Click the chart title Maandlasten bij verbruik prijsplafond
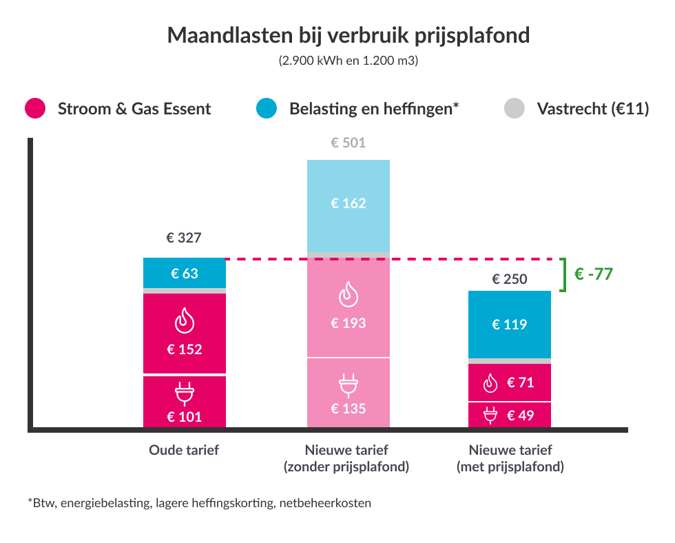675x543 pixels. click(349, 35)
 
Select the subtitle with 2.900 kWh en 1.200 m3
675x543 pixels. click(349, 61)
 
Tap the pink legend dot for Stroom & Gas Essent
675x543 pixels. click(34, 108)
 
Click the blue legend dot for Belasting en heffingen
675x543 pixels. click(266, 108)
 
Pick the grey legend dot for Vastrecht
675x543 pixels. click(515, 108)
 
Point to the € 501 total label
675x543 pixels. click(348, 144)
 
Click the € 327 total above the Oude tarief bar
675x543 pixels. click(184, 238)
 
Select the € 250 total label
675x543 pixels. click(510, 279)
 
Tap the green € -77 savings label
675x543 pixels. click(593, 274)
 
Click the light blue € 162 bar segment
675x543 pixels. click(348, 204)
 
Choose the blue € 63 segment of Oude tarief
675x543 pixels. click(184, 274)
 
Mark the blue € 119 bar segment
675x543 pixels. click(510, 325)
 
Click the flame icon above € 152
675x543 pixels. click(184, 320)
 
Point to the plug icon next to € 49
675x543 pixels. click(490, 415)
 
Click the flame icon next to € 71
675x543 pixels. click(490, 383)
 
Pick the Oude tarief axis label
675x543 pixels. click(184, 450)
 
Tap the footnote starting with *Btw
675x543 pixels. click(200, 503)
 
